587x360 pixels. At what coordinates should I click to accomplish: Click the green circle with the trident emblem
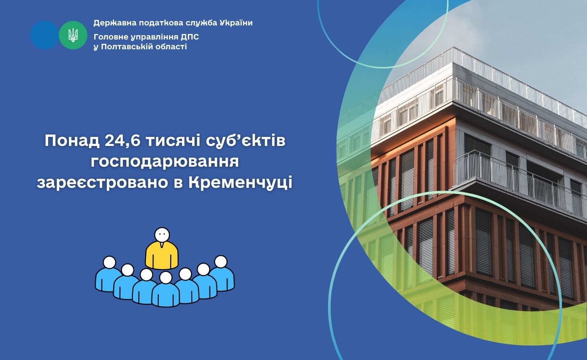tap(73, 35)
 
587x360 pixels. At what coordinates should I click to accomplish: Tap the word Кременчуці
tap(240, 183)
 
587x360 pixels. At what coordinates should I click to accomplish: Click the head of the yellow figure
tap(162, 235)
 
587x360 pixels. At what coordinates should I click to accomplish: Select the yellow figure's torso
tap(162, 256)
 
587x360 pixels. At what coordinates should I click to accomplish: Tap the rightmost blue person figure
tap(223, 273)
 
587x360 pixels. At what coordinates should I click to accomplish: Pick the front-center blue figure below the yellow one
tap(166, 290)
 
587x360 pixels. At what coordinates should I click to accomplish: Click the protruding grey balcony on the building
tap(520, 184)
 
